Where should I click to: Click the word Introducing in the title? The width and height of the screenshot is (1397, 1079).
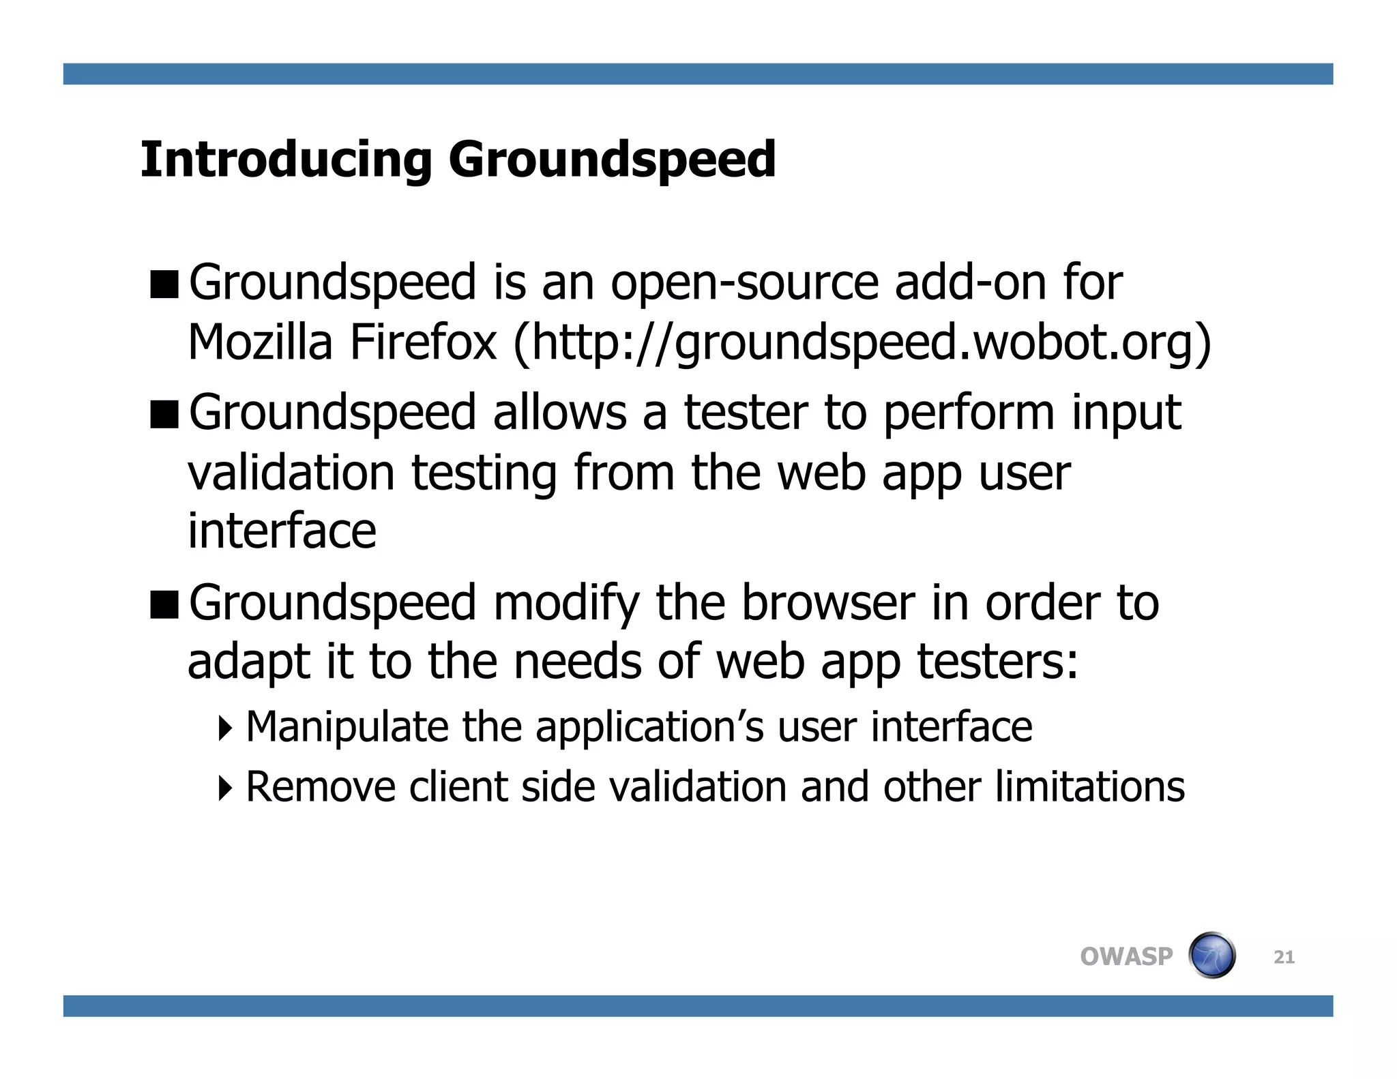[x=286, y=160]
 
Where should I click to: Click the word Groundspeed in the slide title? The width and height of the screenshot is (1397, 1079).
[x=612, y=160]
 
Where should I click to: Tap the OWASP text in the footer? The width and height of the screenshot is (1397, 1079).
[x=1126, y=956]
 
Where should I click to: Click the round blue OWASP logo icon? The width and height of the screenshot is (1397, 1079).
[x=1212, y=955]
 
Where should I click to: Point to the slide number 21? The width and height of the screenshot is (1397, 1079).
[x=1284, y=958]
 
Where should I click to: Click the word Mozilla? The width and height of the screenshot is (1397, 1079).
[x=259, y=342]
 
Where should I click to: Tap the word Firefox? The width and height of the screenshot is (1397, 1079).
[x=423, y=342]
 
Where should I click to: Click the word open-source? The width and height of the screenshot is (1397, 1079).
[x=744, y=282]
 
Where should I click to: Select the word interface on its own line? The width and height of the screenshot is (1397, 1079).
[x=282, y=531]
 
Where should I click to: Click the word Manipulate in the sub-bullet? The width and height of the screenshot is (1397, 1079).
[x=347, y=727]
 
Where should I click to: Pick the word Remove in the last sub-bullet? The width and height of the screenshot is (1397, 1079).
[x=321, y=787]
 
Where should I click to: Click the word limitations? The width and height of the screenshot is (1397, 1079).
[x=1089, y=787]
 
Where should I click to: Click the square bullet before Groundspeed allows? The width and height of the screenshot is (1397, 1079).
[x=164, y=414]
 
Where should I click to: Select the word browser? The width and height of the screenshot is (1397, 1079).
[x=827, y=604]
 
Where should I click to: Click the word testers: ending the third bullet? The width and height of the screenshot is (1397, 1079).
[x=997, y=662]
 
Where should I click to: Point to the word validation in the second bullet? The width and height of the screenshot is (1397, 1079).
[x=291, y=473]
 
